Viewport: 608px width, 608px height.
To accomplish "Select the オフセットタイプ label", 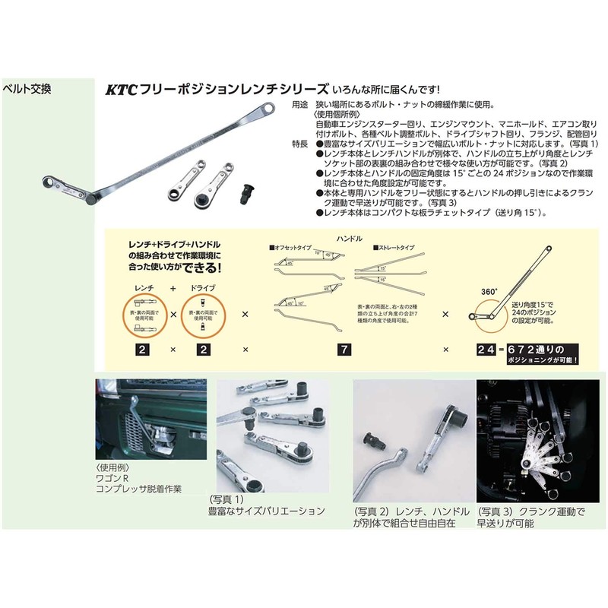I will click(x=293, y=248).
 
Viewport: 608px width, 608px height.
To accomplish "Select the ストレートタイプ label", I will click(x=392, y=248).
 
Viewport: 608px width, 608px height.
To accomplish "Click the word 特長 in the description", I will click(x=301, y=143).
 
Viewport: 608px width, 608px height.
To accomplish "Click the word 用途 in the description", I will click(x=301, y=105).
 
